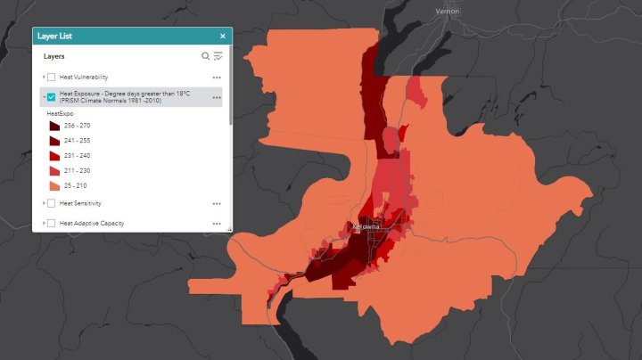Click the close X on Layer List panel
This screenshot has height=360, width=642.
tap(222, 36)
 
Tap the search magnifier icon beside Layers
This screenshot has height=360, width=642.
tap(205, 56)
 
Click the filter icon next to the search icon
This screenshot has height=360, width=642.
tap(218, 56)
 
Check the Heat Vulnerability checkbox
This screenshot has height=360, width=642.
tap(52, 77)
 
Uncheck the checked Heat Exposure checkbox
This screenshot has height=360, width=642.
tap(52, 96)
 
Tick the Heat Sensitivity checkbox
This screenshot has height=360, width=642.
tap(52, 203)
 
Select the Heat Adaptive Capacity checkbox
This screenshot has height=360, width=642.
tap(52, 223)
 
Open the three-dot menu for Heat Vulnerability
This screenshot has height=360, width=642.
tap(217, 77)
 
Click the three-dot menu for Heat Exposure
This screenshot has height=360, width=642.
tap(217, 96)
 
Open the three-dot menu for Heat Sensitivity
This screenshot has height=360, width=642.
tap(217, 203)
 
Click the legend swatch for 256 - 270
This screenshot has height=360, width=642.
tap(54, 126)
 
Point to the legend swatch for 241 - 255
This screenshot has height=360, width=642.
tap(54, 141)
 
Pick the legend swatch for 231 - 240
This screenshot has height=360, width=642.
tap(54, 156)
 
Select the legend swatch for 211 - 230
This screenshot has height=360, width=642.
tap(54, 170)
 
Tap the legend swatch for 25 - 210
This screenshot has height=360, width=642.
tap(54, 185)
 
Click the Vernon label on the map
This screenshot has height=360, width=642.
tap(448, 11)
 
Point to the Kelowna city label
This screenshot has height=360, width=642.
tap(366, 226)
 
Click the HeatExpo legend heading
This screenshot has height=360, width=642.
tap(59, 113)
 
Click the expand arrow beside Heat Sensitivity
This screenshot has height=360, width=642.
tap(43, 203)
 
